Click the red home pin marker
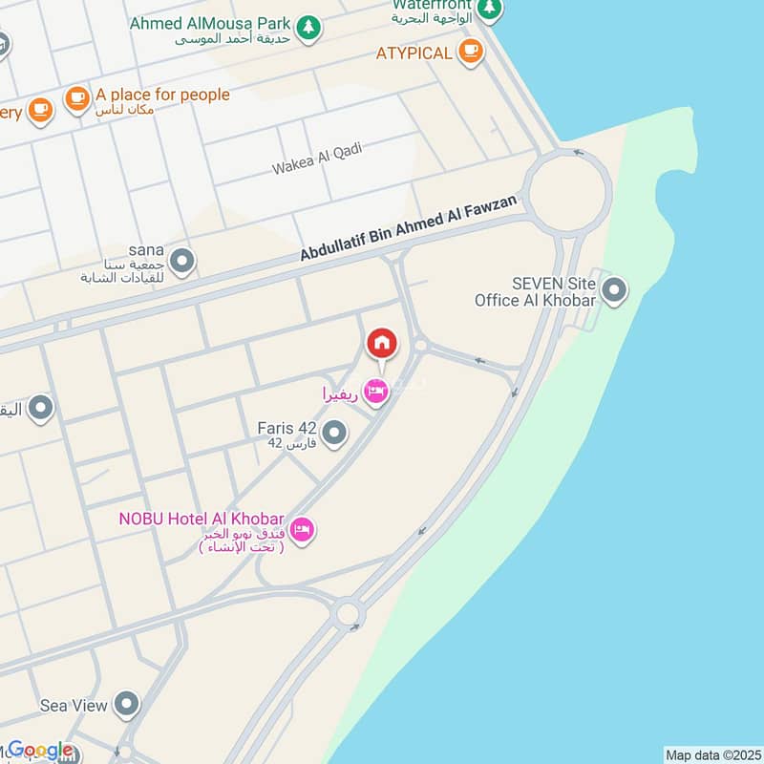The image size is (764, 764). (381, 343)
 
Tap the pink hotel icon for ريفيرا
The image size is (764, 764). (377, 392)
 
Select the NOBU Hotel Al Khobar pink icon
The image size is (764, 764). (302, 529)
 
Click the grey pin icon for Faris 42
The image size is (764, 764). (333, 435)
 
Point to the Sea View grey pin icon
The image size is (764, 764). (126, 706)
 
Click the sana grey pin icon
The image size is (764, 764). (181, 259)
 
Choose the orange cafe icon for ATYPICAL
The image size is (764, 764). (470, 53)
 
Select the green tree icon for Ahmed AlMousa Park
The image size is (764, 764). (308, 27)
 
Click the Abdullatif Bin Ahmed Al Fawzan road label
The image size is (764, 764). (409, 228)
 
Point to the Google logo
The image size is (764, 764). (40, 751)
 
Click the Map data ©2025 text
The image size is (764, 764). (712, 754)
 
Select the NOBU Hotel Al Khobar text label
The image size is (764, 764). (202, 520)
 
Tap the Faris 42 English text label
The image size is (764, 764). (287, 428)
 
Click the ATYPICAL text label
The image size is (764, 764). (414, 53)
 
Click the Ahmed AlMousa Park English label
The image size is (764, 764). (209, 22)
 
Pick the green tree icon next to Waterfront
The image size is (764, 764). (489, 9)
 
